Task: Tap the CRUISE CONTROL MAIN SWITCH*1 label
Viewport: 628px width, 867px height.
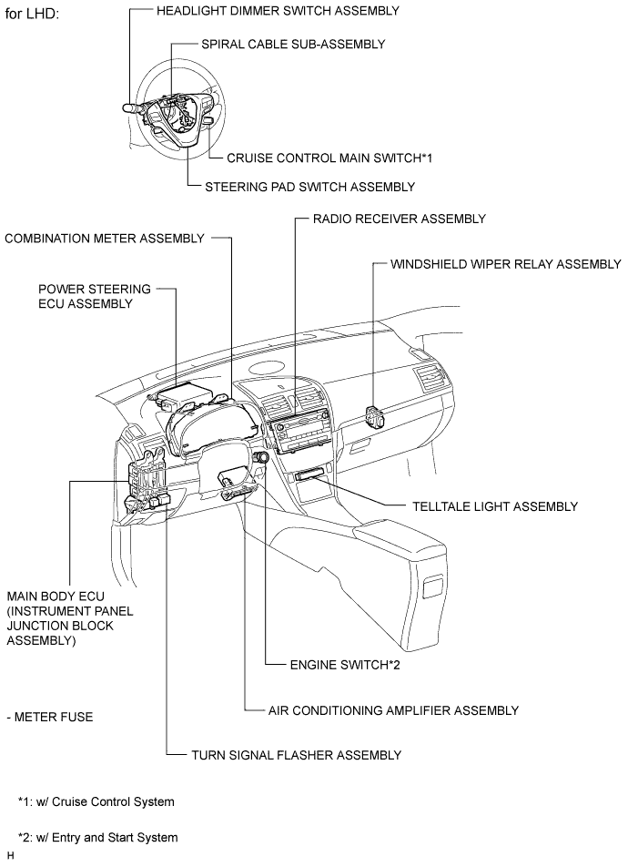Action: tap(329, 158)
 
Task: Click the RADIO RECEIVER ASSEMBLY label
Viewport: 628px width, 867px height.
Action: tap(399, 219)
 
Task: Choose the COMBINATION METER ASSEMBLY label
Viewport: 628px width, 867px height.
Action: tap(105, 239)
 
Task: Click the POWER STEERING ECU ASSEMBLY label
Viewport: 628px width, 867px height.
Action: tap(95, 296)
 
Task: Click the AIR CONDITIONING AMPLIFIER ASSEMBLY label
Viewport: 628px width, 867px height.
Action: tap(393, 710)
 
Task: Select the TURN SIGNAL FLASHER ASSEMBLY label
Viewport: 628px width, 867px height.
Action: tap(296, 755)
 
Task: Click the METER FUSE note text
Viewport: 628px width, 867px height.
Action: tap(49, 718)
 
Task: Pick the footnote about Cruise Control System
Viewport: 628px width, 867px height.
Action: tap(96, 802)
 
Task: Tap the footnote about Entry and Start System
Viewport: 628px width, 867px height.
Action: tap(97, 837)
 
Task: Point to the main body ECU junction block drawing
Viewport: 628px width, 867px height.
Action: tap(146, 483)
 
